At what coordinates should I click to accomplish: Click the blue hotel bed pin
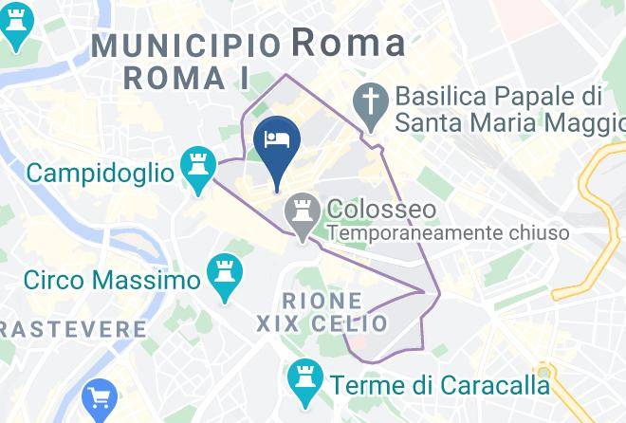click(278, 140)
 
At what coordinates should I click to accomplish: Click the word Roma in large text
click(347, 42)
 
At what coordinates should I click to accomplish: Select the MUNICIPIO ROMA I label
click(187, 60)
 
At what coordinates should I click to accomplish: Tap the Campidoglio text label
click(100, 173)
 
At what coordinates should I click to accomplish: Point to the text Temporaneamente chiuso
click(448, 232)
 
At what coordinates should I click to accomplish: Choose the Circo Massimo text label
click(112, 280)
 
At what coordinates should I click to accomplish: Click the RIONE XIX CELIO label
click(322, 312)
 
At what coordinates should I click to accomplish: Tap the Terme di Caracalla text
click(439, 385)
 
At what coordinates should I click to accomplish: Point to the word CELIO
click(352, 323)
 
